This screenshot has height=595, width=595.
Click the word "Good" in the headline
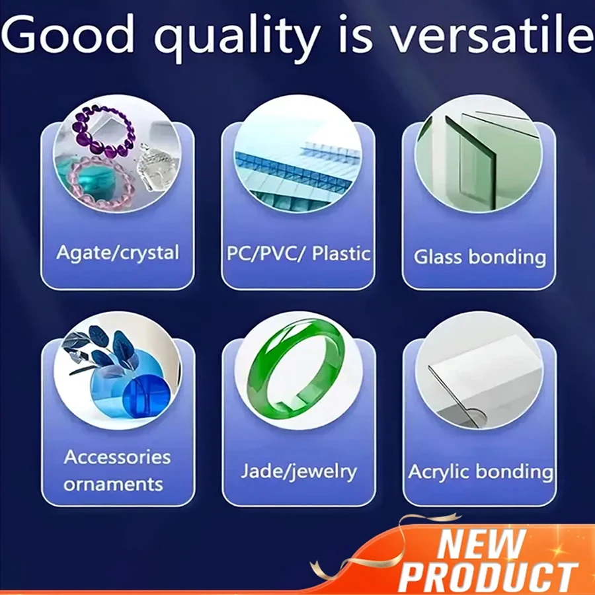[x=68, y=34]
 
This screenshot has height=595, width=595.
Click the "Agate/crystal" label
[x=118, y=253]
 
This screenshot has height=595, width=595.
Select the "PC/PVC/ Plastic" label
[x=298, y=253]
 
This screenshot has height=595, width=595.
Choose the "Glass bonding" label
[x=480, y=257]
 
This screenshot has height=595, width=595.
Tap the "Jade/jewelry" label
[x=299, y=471]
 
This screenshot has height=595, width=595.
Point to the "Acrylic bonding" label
[x=481, y=471]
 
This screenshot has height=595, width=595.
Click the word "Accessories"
[x=117, y=457]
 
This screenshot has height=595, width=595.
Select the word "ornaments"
[x=113, y=484]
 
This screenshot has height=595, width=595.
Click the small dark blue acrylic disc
[x=146, y=396]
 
